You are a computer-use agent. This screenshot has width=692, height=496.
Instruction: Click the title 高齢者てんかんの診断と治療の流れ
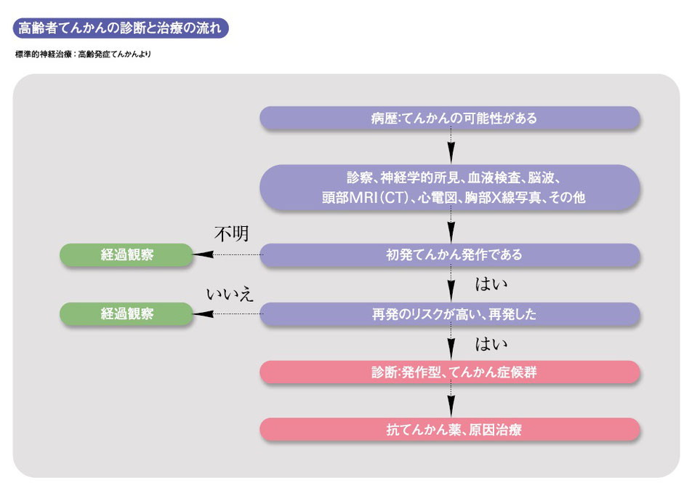point(121,28)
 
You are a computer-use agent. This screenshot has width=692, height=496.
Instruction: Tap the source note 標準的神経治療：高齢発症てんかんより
point(83,55)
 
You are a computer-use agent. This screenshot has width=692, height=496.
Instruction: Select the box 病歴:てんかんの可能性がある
point(450,118)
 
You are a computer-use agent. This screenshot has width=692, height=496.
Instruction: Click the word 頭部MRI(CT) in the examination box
point(365,197)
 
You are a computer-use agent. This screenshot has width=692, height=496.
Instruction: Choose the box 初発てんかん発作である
point(450,255)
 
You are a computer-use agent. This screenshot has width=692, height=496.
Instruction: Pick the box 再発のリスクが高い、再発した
point(450,314)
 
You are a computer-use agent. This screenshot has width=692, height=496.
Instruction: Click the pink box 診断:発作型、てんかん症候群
point(450,372)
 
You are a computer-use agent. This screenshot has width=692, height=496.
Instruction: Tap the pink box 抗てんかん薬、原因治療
point(450,429)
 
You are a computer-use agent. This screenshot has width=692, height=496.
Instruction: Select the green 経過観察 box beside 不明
point(126,255)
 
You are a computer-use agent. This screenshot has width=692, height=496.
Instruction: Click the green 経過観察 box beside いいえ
point(126,314)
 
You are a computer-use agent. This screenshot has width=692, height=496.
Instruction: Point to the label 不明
point(232,233)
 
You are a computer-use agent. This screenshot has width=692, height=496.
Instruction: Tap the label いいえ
point(230,294)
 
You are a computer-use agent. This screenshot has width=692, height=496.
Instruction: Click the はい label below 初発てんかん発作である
point(491,284)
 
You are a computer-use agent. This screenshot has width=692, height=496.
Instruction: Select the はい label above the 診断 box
point(491,344)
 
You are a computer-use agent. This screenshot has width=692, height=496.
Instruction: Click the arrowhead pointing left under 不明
point(203,255)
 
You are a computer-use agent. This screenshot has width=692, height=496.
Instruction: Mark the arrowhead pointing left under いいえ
point(203,314)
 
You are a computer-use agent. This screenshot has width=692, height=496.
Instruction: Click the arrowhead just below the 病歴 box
point(451,153)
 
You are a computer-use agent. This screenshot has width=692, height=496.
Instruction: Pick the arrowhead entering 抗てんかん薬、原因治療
point(451,407)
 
